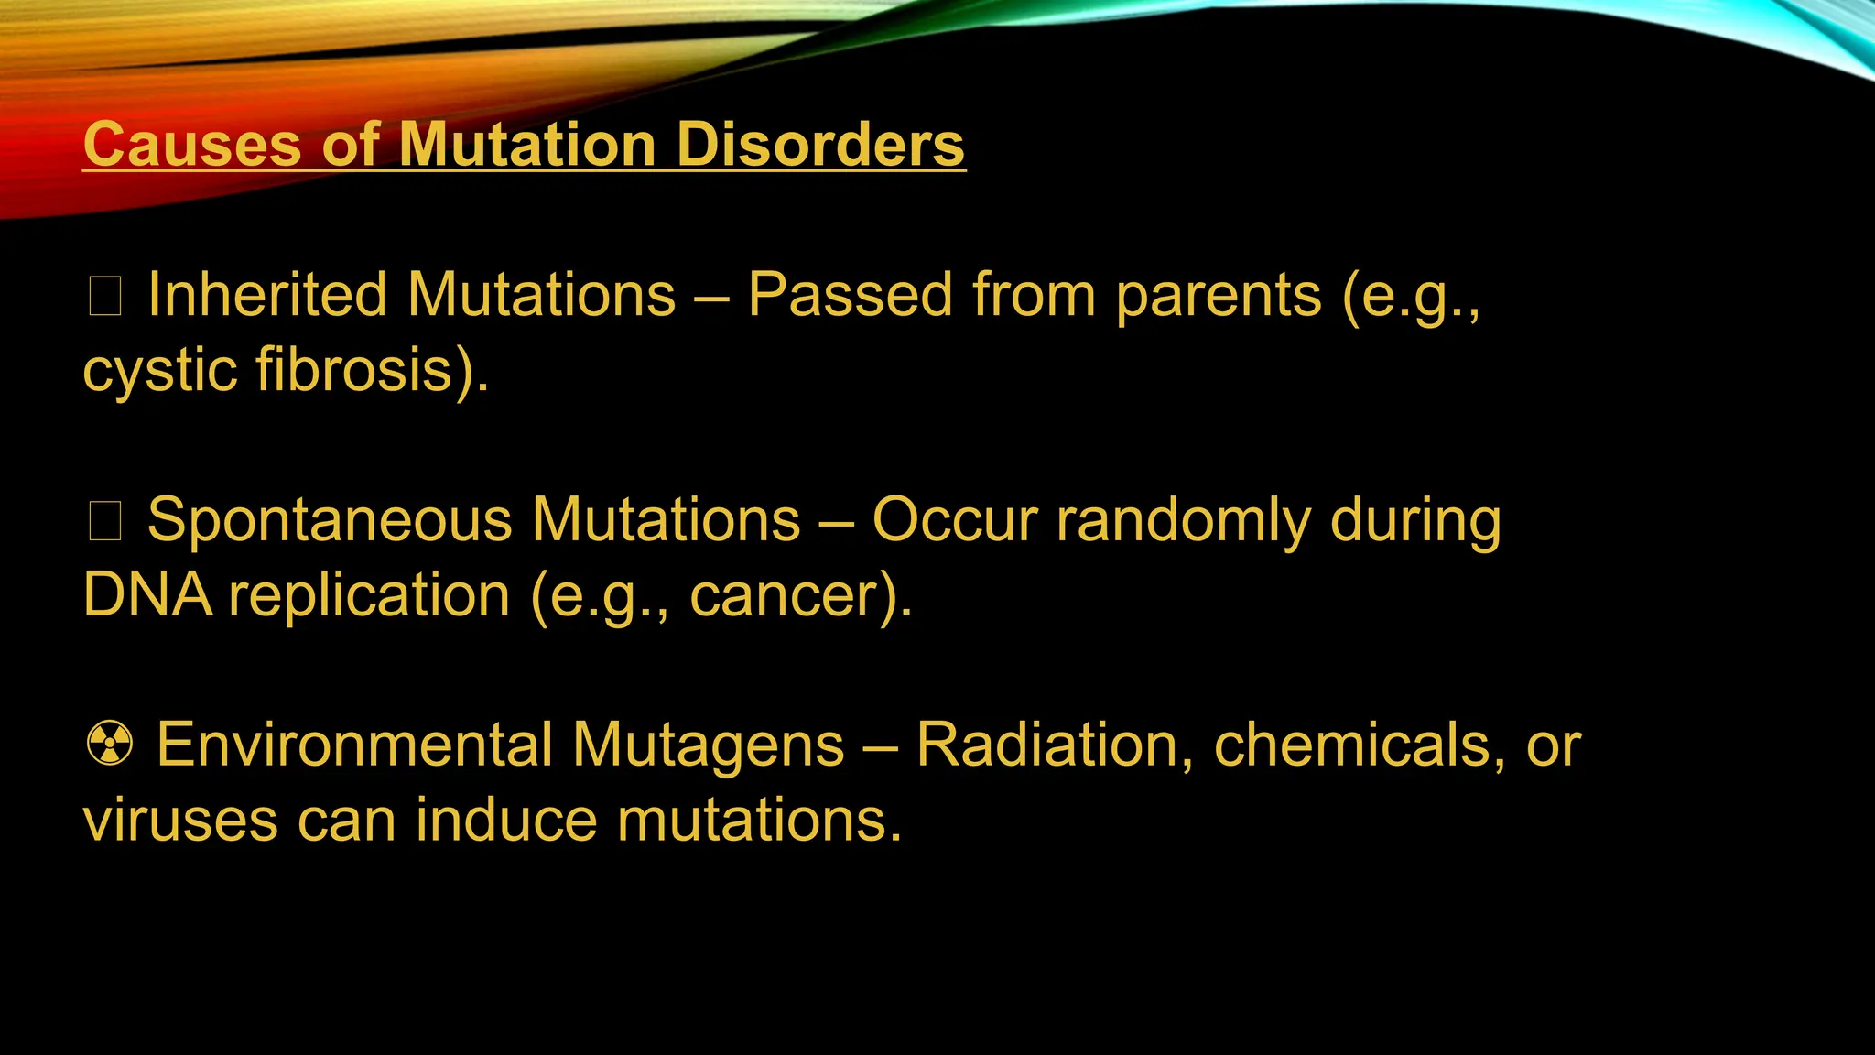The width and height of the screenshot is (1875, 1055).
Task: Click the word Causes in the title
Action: [191, 145]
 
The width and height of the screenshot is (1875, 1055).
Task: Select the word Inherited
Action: [267, 295]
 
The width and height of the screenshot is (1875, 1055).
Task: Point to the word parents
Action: [1219, 295]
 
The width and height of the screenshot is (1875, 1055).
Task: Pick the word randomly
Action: [1184, 520]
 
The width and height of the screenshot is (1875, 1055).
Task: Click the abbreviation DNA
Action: [146, 595]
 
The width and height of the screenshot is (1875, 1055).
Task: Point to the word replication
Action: [369, 595]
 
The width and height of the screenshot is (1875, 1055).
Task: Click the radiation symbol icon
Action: [110, 744]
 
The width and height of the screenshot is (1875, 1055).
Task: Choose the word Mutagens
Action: [708, 745]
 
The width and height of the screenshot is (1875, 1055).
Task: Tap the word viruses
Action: [180, 820]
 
